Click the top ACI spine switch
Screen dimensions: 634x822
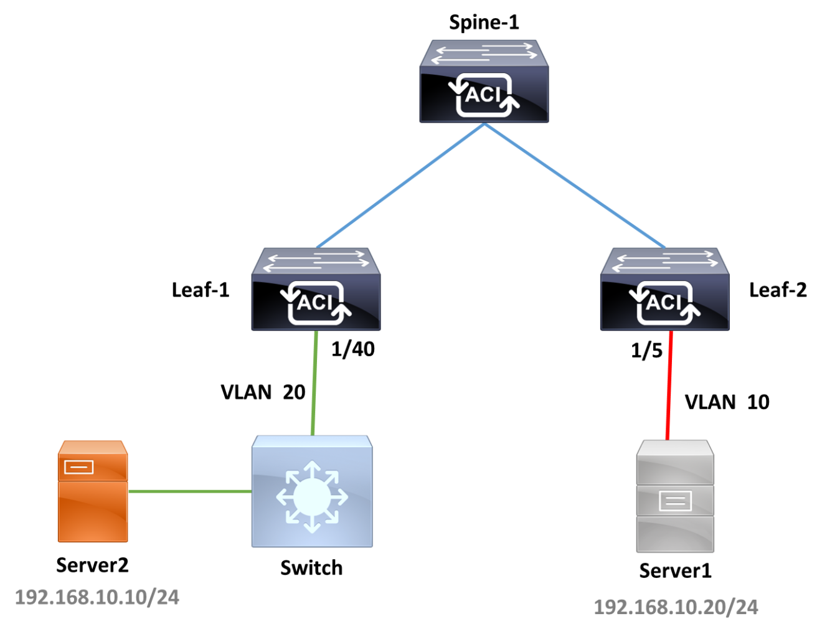pyautogui.click(x=484, y=82)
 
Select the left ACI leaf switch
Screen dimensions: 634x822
pyautogui.click(x=316, y=290)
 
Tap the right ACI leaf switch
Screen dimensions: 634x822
pyautogui.click(x=664, y=290)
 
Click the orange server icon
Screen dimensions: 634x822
pyautogui.click(x=93, y=491)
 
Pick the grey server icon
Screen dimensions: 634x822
pyautogui.click(x=674, y=496)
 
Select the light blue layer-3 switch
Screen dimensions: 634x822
pyautogui.click(x=312, y=491)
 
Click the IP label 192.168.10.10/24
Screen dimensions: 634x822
pyautogui.click(x=97, y=597)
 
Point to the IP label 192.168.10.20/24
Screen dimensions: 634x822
pyautogui.click(x=676, y=607)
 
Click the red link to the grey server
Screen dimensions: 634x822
pyautogui.click(x=669, y=385)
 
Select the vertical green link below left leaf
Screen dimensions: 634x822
pyautogui.click(x=314, y=382)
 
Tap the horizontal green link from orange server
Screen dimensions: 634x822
pyautogui.click(x=189, y=491)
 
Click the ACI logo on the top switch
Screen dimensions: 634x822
pyautogui.click(x=484, y=95)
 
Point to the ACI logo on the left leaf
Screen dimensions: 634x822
pyautogui.click(x=316, y=303)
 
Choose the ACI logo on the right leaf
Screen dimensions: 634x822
pyautogui.click(x=664, y=303)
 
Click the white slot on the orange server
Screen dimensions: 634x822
pyautogui.click(x=79, y=466)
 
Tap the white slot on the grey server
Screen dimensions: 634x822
pyautogui.click(x=675, y=501)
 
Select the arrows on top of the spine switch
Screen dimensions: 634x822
pyautogui.click(x=484, y=52)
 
